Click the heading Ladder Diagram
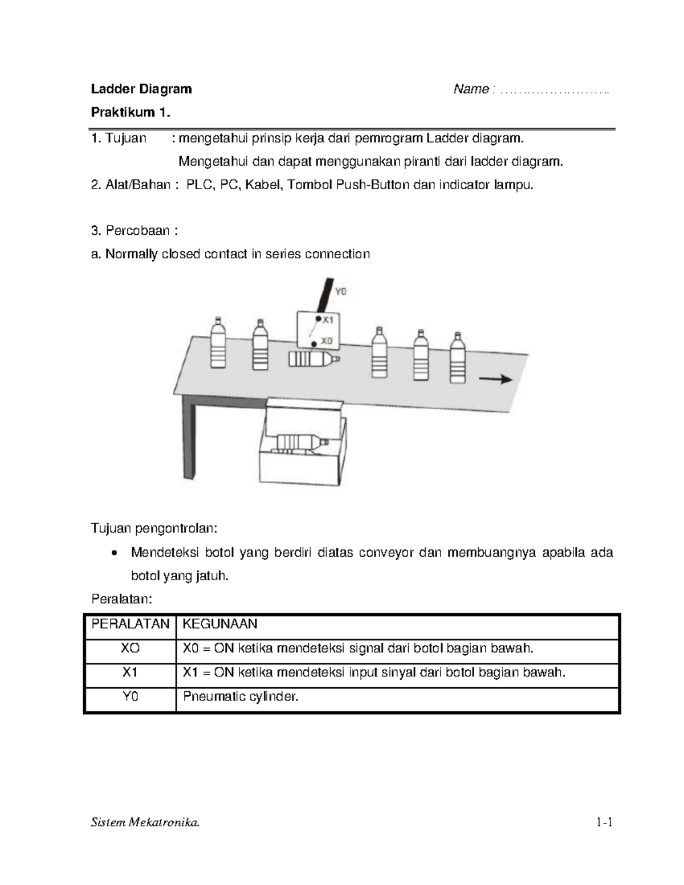coord(141,89)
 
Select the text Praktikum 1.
coord(131,112)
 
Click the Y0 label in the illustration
coord(340,291)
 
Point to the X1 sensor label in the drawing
coord(327,320)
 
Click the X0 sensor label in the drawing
coord(326,341)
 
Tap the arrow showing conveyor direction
coord(495,380)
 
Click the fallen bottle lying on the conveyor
coord(313,359)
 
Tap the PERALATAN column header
coord(130,624)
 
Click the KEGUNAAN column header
coord(220,624)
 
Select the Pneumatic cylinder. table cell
coord(241,696)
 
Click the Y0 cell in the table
coord(130,696)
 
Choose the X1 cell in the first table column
coord(130,672)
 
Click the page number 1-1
coord(604,822)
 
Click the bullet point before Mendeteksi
coord(115,553)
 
